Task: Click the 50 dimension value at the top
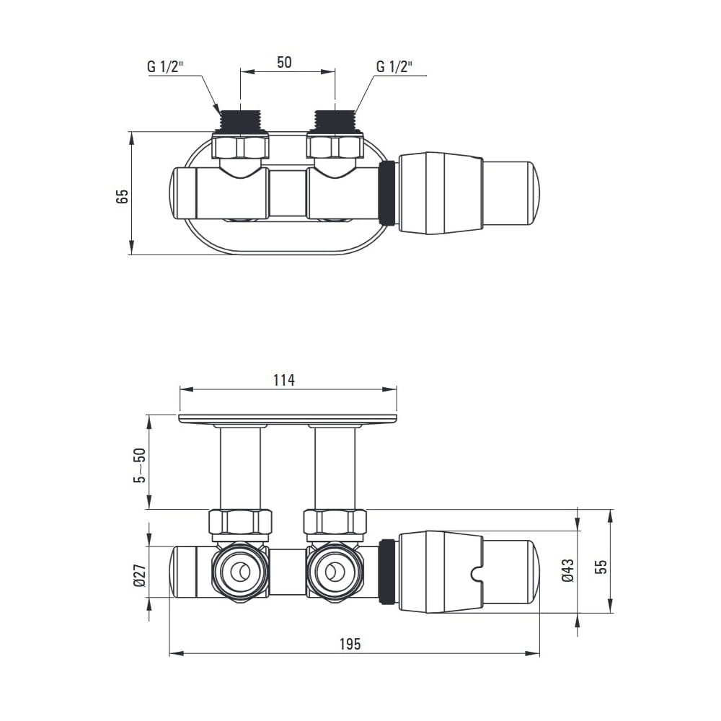click(284, 62)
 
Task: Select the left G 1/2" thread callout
click(165, 66)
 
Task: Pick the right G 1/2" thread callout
click(394, 66)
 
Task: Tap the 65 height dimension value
click(123, 196)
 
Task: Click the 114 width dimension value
click(283, 380)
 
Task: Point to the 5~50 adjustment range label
click(139, 465)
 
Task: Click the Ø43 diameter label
click(568, 570)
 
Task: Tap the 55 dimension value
click(601, 566)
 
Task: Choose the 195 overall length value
click(350, 644)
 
